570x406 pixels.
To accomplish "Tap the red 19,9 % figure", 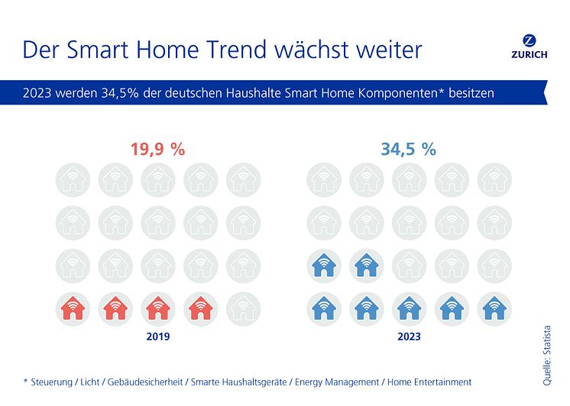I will (157, 150).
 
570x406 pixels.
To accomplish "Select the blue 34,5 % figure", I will (408, 150).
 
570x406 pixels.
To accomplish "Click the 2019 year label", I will (158, 336).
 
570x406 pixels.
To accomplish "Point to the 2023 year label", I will (409, 336).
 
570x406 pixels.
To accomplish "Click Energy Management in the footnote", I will (342, 382).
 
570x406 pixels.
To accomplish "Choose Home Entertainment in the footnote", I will (430, 382).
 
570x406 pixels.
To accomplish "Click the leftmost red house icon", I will (73, 309).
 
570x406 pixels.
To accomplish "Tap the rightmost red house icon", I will (201, 309).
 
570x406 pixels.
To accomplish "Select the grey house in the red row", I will (244, 309).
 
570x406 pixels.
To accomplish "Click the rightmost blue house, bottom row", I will (494, 309).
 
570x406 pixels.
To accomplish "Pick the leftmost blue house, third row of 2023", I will (323, 266).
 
